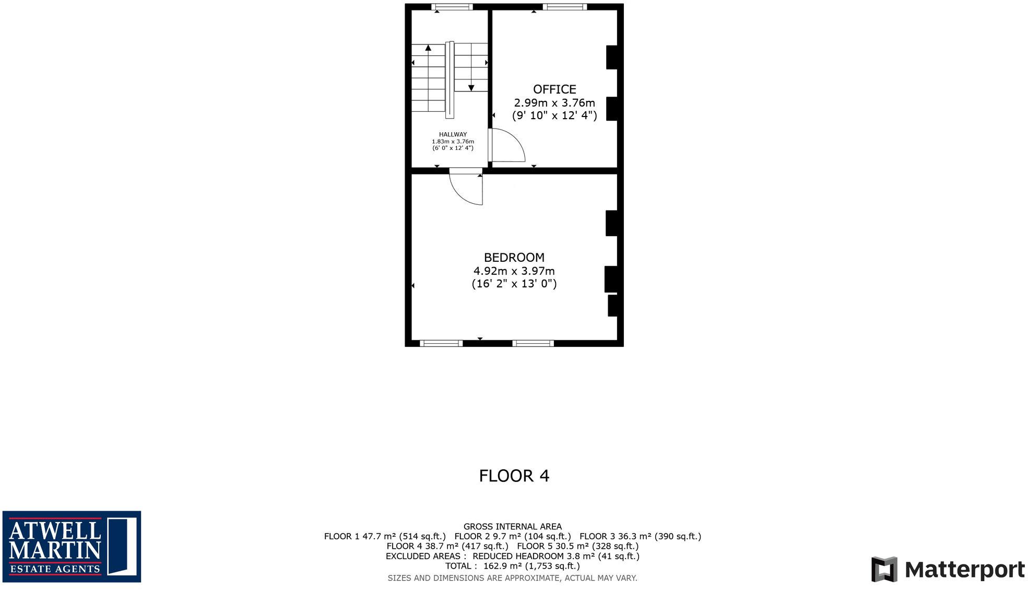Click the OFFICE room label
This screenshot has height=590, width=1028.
pyautogui.click(x=554, y=89)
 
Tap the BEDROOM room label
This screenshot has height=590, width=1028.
pyautogui.click(x=514, y=258)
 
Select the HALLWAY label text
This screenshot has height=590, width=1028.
pyautogui.click(x=453, y=134)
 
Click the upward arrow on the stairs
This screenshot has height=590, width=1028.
pyautogui.click(x=428, y=48)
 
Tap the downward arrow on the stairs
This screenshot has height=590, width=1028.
pyautogui.click(x=471, y=88)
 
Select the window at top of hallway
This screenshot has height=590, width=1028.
pyautogui.click(x=452, y=7)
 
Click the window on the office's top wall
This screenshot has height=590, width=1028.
pyautogui.click(x=564, y=7)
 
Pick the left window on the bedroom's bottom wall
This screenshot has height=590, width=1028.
pyautogui.click(x=441, y=343)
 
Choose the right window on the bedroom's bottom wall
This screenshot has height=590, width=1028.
pyautogui.click(x=533, y=343)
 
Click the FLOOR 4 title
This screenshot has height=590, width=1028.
pyautogui.click(x=514, y=476)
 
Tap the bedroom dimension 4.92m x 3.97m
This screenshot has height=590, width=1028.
pyautogui.click(x=514, y=271)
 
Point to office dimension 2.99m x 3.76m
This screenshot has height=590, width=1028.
pyautogui.click(x=554, y=103)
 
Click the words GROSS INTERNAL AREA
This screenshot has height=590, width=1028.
pyautogui.click(x=512, y=527)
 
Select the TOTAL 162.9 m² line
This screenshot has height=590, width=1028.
pyautogui.click(x=512, y=566)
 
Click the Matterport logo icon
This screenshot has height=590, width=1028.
pyautogui.click(x=884, y=569)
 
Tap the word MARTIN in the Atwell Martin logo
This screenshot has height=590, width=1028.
pyautogui.click(x=55, y=551)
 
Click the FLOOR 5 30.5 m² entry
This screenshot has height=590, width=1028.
pyautogui.click(x=577, y=546)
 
